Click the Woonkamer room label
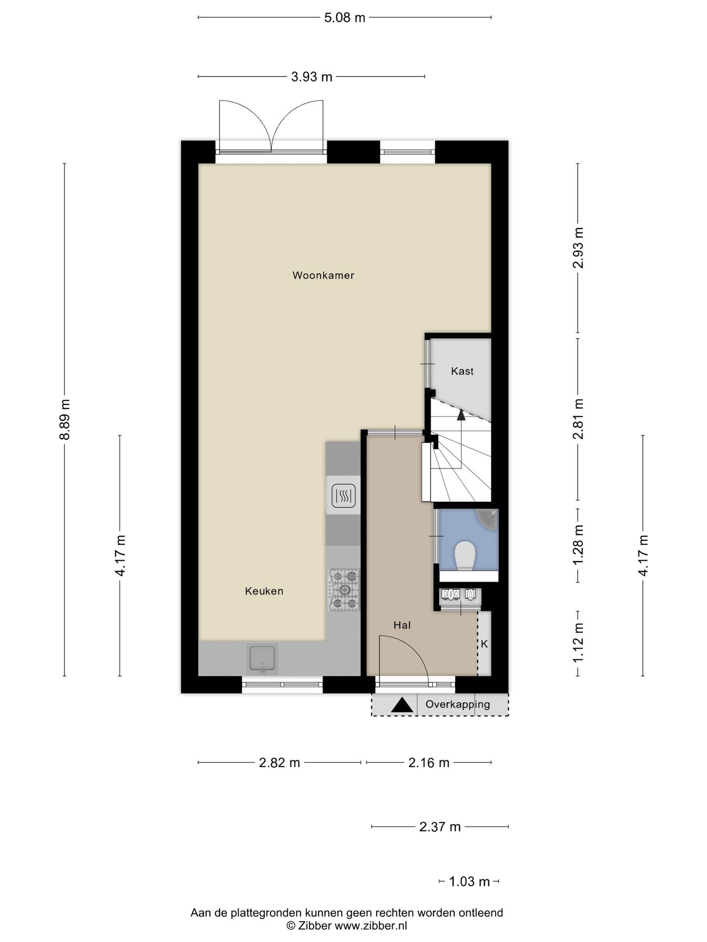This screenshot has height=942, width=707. pyautogui.click(x=323, y=275)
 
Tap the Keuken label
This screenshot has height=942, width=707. pyautogui.click(x=264, y=591)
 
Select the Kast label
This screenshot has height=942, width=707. pyautogui.click(x=462, y=371)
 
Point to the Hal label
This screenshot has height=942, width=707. pyautogui.click(x=402, y=625)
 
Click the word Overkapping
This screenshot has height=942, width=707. pyautogui.click(x=458, y=705)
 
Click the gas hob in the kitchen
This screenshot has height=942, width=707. pyautogui.click(x=344, y=590)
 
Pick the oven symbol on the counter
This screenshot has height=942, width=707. pyautogui.click(x=343, y=496)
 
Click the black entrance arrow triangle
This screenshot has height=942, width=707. pyautogui.click(x=402, y=705)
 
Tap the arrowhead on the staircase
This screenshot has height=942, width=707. pyautogui.click(x=461, y=415)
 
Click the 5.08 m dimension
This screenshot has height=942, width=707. pyautogui.click(x=345, y=18)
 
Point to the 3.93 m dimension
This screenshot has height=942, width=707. pyautogui.click(x=312, y=77)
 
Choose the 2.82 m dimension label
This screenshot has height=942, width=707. pyautogui.click(x=279, y=762)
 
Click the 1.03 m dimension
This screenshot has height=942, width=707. pyautogui.click(x=470, y=882)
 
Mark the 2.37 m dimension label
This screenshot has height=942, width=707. pyautogui.click(x=440, y=827)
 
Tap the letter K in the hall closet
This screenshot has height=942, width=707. pyautogui.click(x=484, y=644)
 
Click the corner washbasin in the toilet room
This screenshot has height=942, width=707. pyautogui.click(x=489, y=519)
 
